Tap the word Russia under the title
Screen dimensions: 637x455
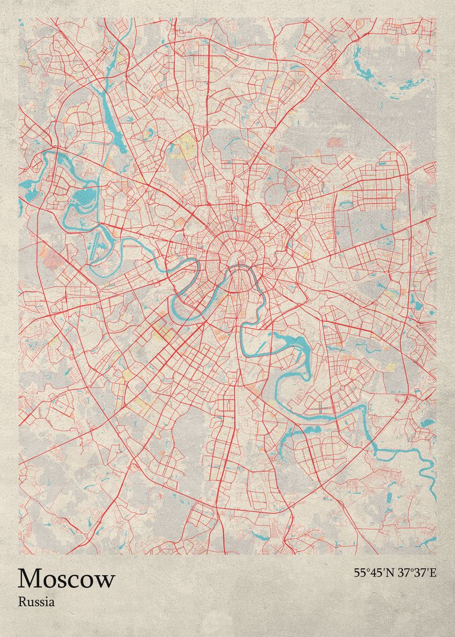(36, 602)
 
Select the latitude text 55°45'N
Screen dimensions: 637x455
(373, 573)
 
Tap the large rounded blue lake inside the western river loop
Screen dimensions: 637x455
(83, 198)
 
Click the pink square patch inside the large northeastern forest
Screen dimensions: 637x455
(334, 142)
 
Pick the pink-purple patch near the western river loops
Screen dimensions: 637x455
(53, 259)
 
